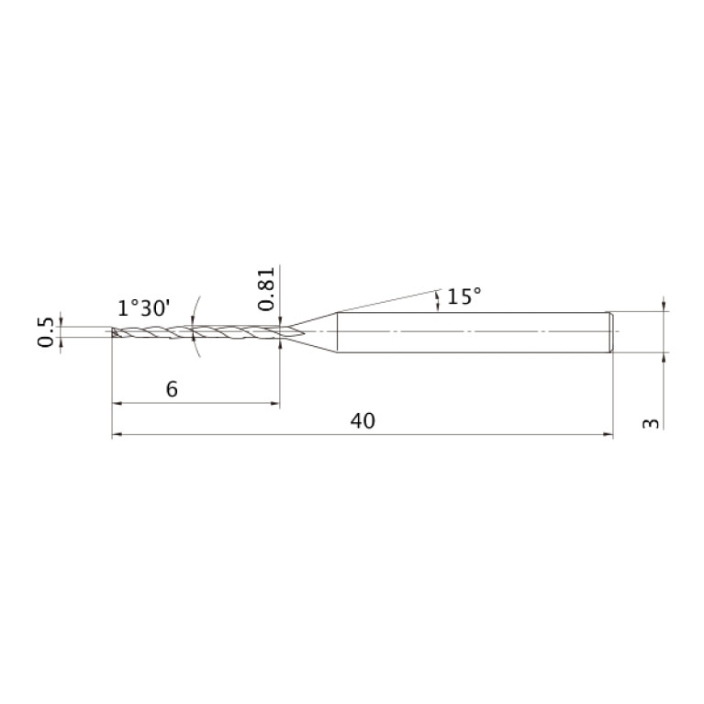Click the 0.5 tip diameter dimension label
(45, 332)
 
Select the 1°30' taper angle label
(144, 308)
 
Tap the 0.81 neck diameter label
(266, 289)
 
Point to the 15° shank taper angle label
(464, 296)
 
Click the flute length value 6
(172, 389)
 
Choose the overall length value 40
(363, 421)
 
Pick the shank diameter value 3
(651, 423)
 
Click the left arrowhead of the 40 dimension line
(117, 435)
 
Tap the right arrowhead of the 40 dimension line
(608, 435)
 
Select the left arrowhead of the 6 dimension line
(117, 403)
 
